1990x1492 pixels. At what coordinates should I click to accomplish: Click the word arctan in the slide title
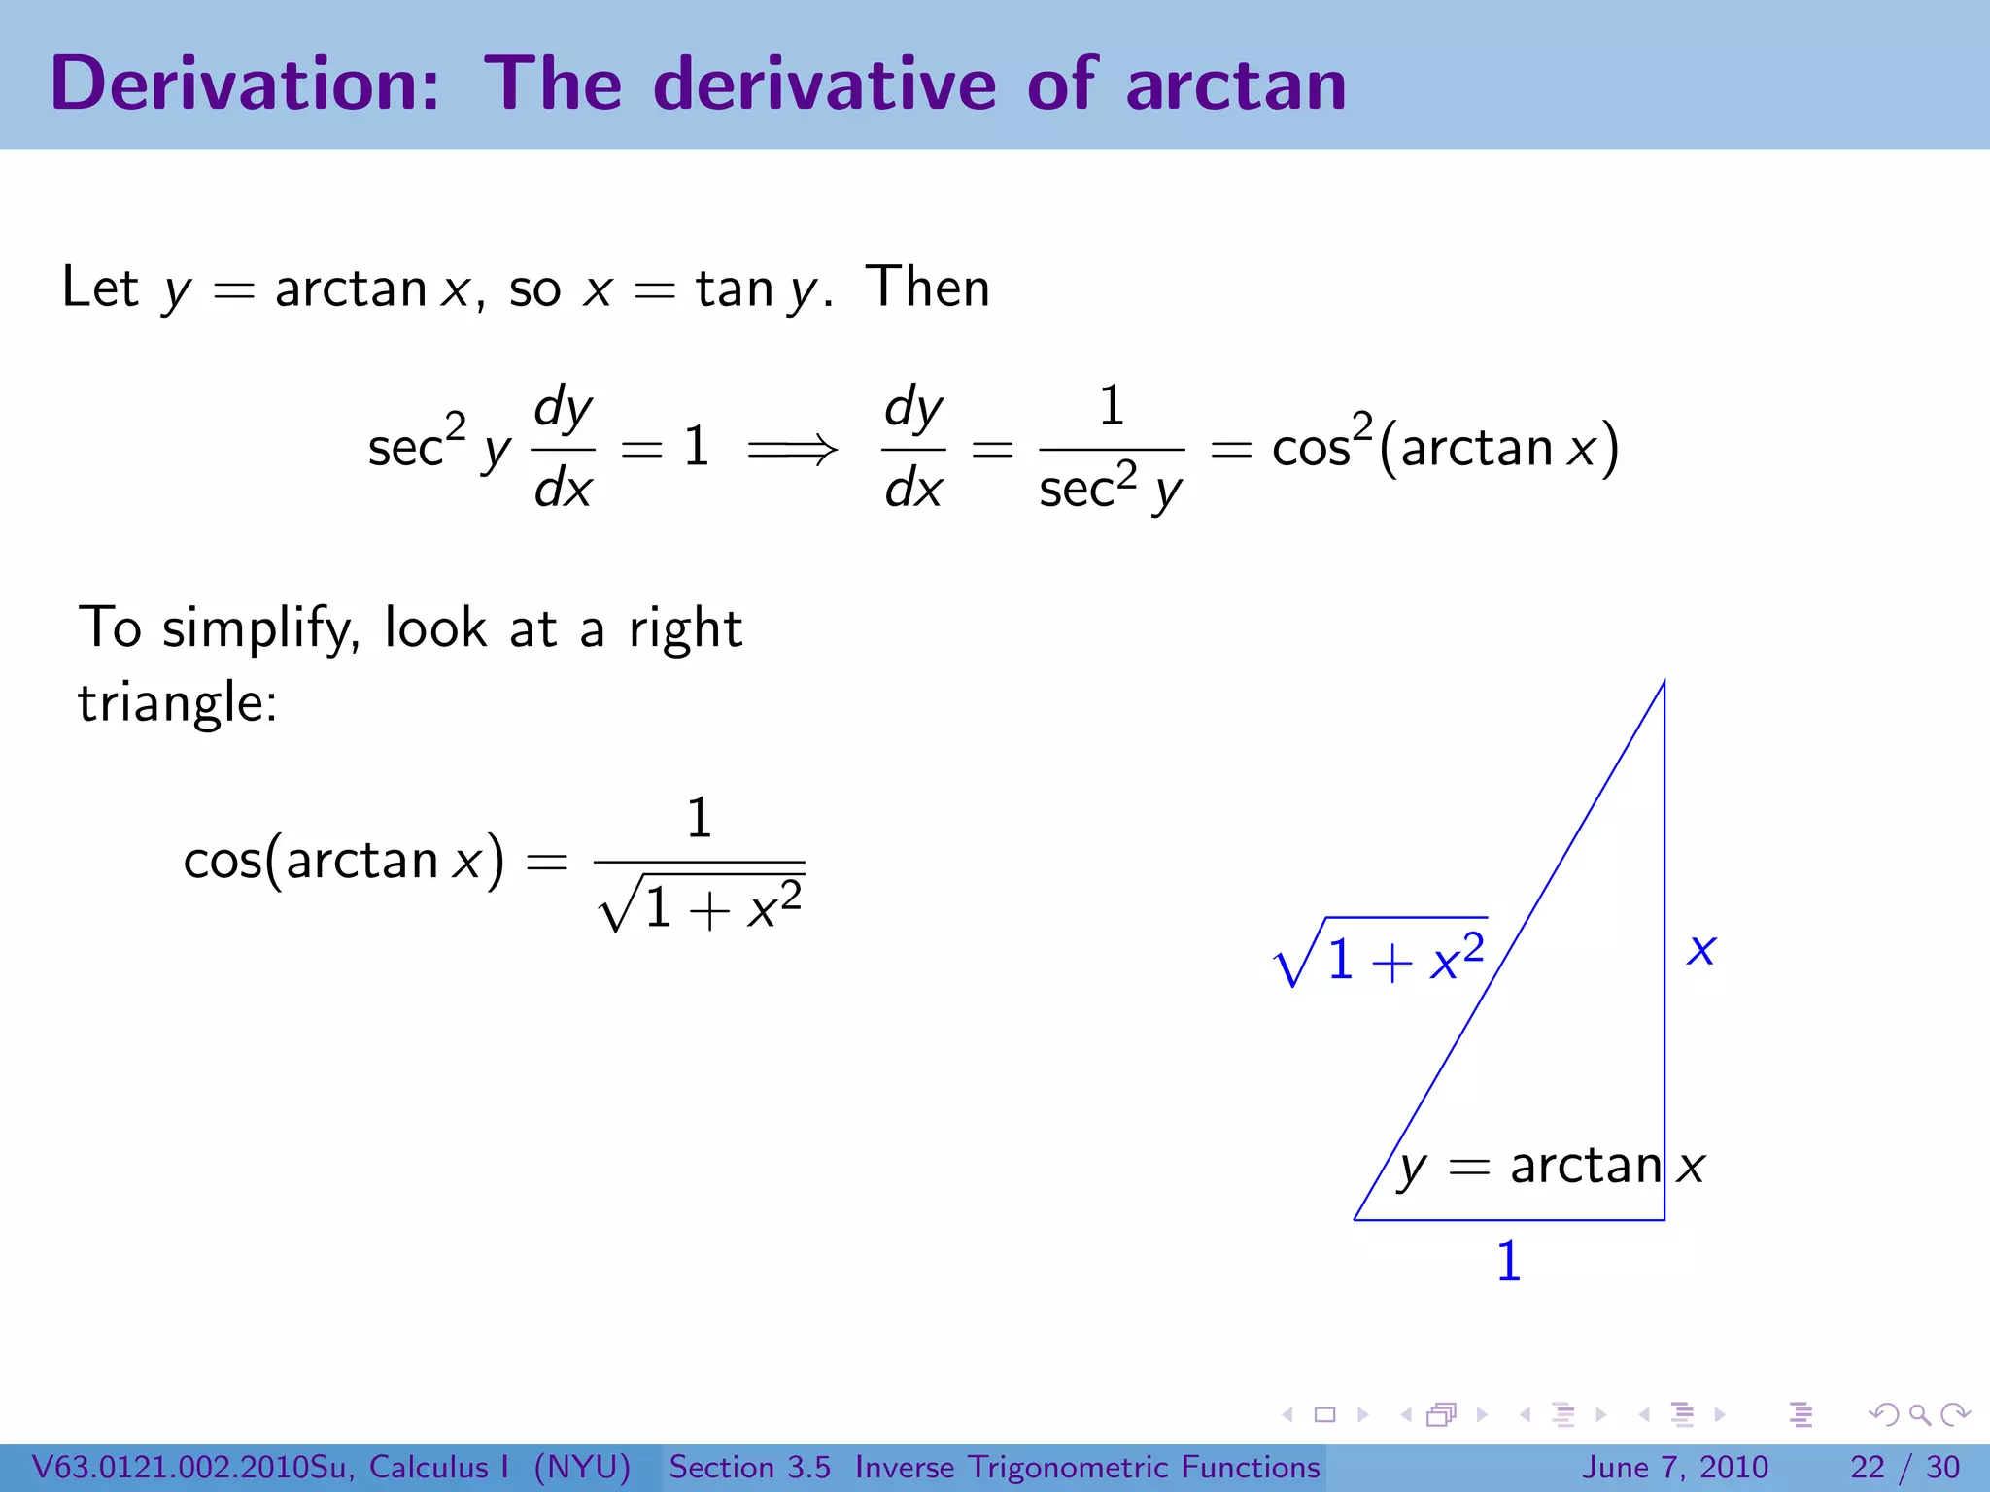click(1236, 85)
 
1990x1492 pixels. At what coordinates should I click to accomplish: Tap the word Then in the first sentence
click(928, 288)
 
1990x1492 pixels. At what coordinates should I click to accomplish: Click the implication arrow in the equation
click(792, 449)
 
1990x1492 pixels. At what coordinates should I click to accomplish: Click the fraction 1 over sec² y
click(1111, 449)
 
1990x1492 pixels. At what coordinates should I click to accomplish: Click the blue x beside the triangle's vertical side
click(1701, 949)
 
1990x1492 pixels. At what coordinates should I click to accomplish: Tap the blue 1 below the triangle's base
click(1508, 1262)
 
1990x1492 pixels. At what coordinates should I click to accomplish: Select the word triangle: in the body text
click(178, 702)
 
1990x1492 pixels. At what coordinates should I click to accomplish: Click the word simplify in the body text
click(260, 628)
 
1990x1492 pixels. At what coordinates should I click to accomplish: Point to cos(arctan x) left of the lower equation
click(344, 861)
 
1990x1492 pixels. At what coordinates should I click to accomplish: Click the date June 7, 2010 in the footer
click(1675, 1467)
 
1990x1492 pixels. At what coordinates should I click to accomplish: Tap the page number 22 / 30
click(1904, 1467)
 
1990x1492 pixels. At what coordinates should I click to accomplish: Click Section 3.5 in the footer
click(749, 1467)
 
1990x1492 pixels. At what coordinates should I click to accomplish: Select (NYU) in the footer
click(582, 1467)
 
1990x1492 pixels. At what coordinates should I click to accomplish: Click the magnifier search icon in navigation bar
click(1918, 1414)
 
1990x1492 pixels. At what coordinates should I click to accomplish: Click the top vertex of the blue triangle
click(1664, 682)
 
